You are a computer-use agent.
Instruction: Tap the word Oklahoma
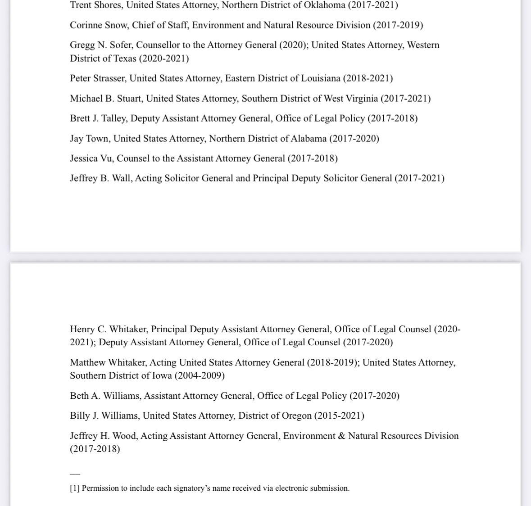(322, 5)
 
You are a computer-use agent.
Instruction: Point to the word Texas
(124, 59)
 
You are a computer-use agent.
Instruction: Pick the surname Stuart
(129, 99)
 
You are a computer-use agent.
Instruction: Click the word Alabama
(309, 139)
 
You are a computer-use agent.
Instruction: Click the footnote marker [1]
(75, 488)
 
